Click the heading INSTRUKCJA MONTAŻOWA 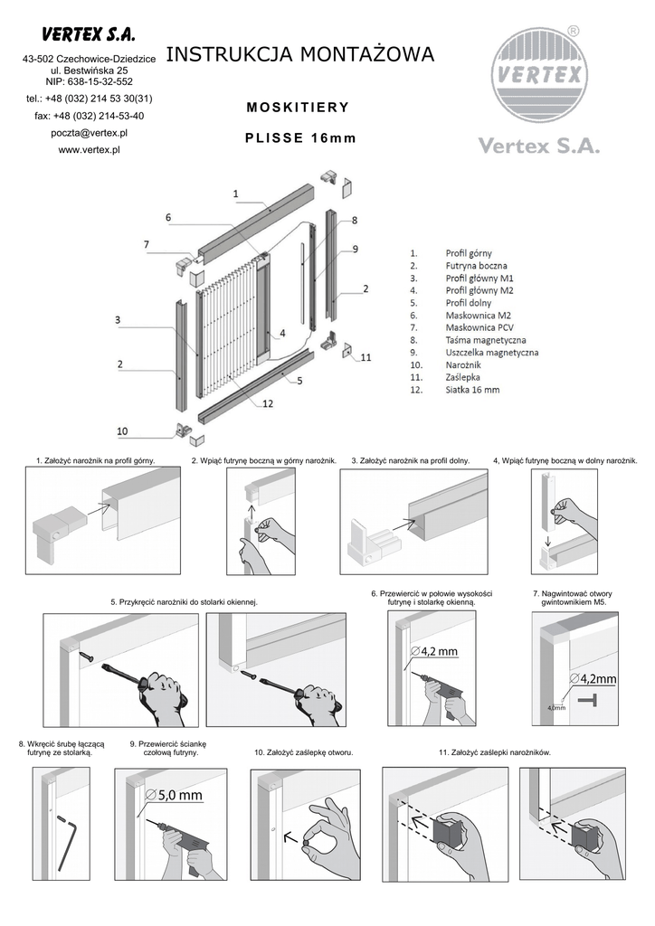300,55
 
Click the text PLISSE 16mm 301,138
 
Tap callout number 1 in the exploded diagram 235,193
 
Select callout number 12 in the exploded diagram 268,403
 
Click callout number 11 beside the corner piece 365,357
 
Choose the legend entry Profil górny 469,254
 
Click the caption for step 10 303,751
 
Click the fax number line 89,116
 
